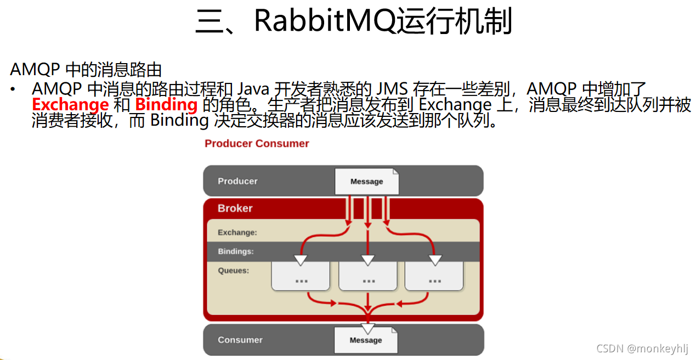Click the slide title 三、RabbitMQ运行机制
click(354, 22)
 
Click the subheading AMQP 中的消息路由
click(86, 70)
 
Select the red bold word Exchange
click(70, 104)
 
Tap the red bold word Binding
click(166, 104)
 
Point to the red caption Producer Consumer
click(257, 144)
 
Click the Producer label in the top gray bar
click(237, 181)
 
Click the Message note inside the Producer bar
click(366, 182)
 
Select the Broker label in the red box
click(235, 209)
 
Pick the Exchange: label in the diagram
click(237, 233)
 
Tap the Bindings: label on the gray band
click(235, 251)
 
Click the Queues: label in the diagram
click(233, 271)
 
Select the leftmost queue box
click(301, 277)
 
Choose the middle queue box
click(367, 277)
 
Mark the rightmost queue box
click(434, 277)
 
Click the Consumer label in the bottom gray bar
click(240, 340)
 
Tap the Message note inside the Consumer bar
click(366, 340)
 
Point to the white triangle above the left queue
click(301, 260)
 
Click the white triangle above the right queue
click(435, 260)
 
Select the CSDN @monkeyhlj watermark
click(642, 348)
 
